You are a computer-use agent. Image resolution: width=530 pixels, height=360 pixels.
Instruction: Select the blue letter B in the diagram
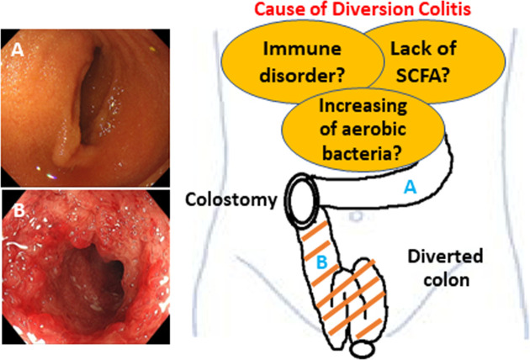(x=320, y=263)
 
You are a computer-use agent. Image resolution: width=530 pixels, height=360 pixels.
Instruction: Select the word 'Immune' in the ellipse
(x=291, y=50)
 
